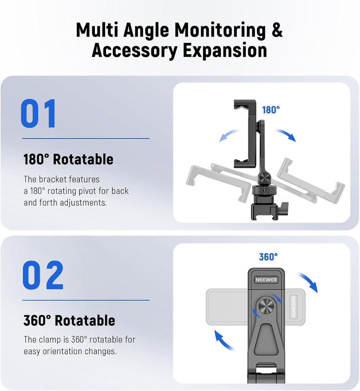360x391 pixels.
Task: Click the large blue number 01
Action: click(39, 114)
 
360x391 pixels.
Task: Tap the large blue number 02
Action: click(43, 275)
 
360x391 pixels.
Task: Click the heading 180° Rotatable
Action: click(69, 159)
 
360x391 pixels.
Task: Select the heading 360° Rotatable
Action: click(69, 320)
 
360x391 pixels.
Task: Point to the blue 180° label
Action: click(271, 110)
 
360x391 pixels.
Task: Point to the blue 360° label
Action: click(268, 257)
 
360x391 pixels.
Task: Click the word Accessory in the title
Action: click(135, 50)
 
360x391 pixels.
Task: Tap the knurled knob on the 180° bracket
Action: click(263, 191)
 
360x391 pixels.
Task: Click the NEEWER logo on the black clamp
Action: click(266, 280)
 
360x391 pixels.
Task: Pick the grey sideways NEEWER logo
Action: click(293, 307)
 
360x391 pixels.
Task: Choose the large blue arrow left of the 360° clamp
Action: click(224, 340)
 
